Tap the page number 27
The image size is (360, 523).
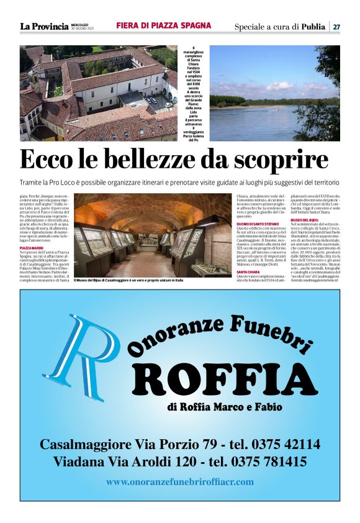click(336, 27)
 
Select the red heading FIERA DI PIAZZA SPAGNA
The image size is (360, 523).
click(163, 26)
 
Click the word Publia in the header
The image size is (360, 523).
click(313, 27)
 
